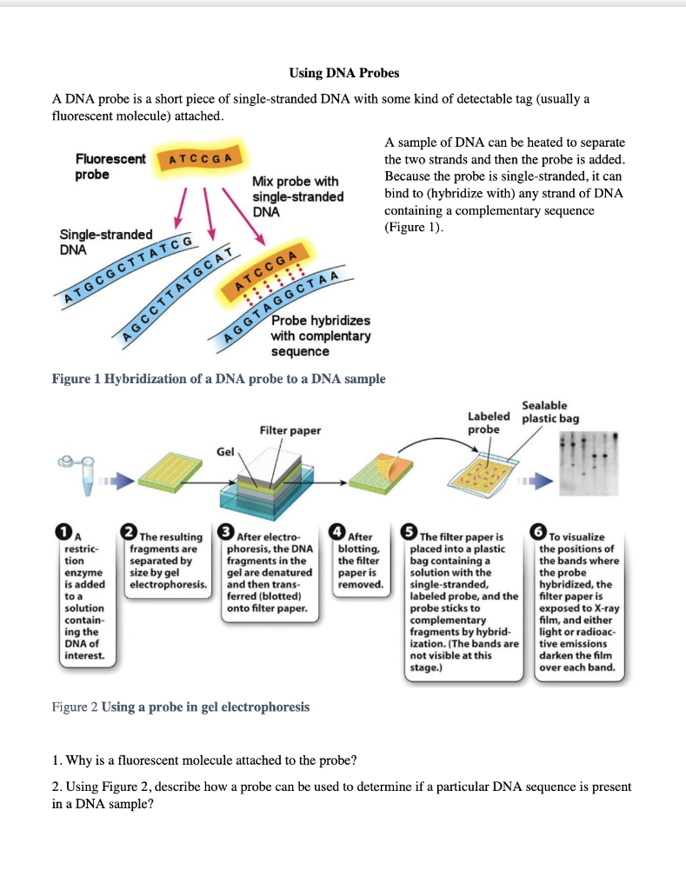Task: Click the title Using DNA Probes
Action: (x=343, y=72)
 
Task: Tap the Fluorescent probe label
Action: (x=110, y=167)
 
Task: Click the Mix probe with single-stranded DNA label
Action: (x=297, y=196)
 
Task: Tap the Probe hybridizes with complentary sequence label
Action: (x=320, y=336)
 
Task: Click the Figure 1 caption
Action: (x=219, y=379)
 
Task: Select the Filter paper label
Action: (x=290, y=430)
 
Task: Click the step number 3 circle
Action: (x=227, y=532)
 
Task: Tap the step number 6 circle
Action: (x=541, y=532)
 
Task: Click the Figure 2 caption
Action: (x=181, y=707)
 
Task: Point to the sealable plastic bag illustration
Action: (x=489, y=475)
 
